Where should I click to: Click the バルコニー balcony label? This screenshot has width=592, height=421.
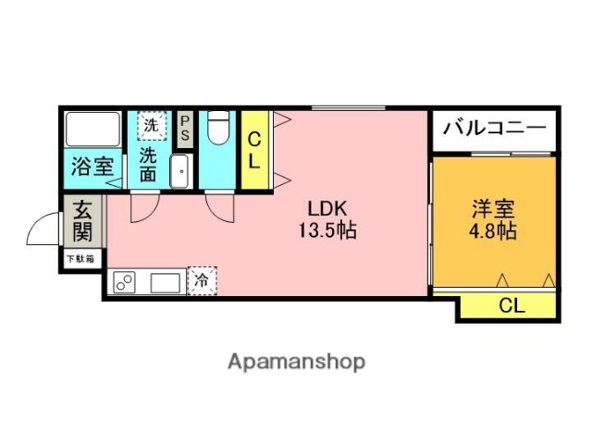pyautogui.click(x=494, y=129)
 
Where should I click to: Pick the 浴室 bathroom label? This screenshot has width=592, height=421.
pyautogui.click(x=92, y=167)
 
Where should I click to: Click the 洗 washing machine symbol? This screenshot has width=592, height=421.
pyautogui.click(x=150, y=123)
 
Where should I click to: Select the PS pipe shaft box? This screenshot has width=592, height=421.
pyautogui.click(x=185, y=130)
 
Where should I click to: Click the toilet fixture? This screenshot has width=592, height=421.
pyautogui.click(x=216, y=128)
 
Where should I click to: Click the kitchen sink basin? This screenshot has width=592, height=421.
pyautogui.click(x=166, y=282)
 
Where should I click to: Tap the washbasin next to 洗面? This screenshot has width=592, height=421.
pyautogui.click(x=181, y=170)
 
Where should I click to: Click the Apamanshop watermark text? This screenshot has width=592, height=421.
pyautogui.click(x=296, y=361)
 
